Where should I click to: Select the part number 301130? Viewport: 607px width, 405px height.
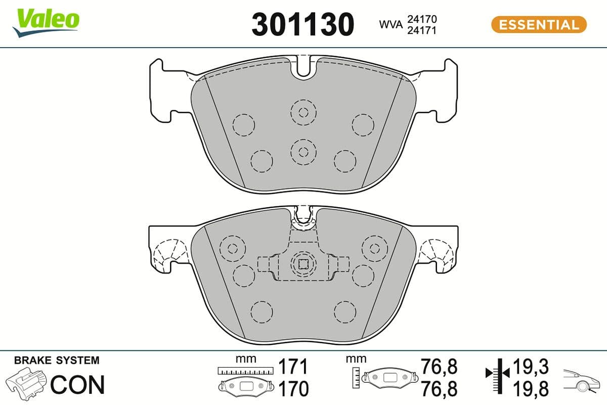point(302,24)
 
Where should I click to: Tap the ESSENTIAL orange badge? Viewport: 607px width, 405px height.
point(538,24)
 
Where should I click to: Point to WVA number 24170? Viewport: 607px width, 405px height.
point(422,19)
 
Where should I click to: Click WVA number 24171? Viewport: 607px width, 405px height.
point(422,30)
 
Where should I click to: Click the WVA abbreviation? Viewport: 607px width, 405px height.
point(390,24)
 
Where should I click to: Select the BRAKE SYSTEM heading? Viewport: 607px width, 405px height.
point(57,360)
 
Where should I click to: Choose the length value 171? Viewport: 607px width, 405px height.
point(293,366)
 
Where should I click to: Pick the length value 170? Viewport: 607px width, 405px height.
point(293,389)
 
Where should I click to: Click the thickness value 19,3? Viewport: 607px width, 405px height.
point(531,366)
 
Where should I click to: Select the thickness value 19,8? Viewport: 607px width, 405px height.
point(531,389)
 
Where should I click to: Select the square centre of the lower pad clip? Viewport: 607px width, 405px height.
point(302,264)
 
